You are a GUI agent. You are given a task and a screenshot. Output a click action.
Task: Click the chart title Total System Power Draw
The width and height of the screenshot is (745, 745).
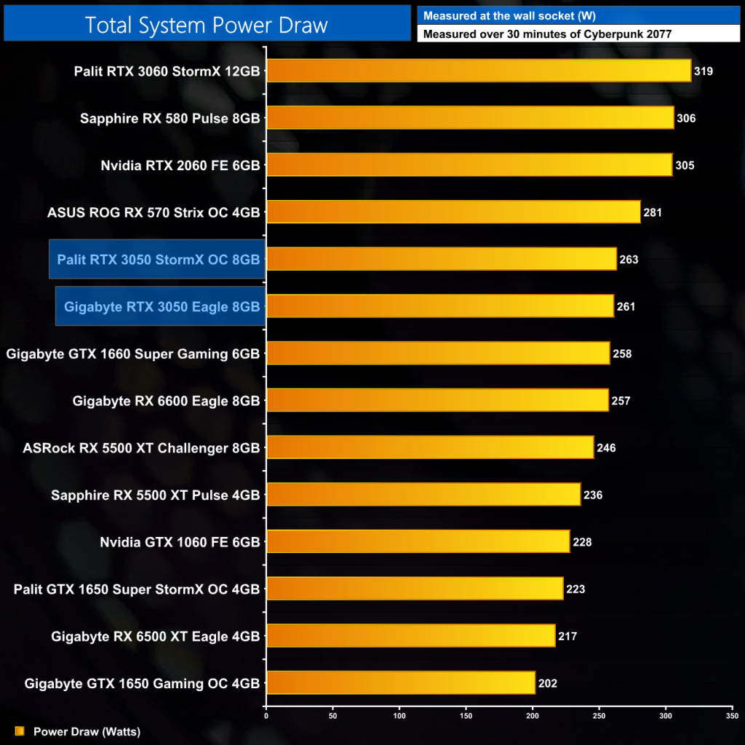[207, 24]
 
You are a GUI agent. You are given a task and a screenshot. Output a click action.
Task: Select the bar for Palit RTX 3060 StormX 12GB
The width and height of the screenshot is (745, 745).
[479, 71]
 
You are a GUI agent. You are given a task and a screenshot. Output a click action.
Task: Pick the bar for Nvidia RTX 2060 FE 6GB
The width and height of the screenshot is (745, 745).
[469, 165]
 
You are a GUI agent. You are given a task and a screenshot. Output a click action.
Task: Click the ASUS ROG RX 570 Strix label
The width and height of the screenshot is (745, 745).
[153, 212]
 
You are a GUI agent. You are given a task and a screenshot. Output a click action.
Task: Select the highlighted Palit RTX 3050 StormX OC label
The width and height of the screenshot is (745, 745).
[158, 259]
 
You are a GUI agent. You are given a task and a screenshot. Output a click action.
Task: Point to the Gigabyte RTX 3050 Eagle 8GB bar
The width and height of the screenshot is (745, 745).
[440, 306]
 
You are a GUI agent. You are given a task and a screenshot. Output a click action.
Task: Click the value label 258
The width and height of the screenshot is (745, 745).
[622, 354]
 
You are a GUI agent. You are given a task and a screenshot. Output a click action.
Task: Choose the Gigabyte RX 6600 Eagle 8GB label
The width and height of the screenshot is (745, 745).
[166, 400]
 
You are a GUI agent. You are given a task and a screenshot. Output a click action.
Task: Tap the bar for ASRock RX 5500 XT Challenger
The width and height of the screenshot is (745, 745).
[430, 447]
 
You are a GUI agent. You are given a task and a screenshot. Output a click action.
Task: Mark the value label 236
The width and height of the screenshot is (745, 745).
[593, 495]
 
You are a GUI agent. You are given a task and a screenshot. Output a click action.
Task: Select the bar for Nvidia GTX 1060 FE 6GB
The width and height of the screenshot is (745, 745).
[418, 541]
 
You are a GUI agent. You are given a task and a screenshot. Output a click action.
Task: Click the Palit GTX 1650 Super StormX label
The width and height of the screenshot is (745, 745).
[137, 589]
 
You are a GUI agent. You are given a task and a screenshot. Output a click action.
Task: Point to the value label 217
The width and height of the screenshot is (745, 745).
[567, 636]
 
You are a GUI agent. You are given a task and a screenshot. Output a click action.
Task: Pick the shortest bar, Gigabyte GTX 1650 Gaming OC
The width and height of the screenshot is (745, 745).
[401, 683]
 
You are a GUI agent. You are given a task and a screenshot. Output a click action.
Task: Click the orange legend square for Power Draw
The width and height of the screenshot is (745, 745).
[20, 731]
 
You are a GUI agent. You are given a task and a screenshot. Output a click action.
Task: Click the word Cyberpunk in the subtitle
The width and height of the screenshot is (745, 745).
[624, 33]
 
